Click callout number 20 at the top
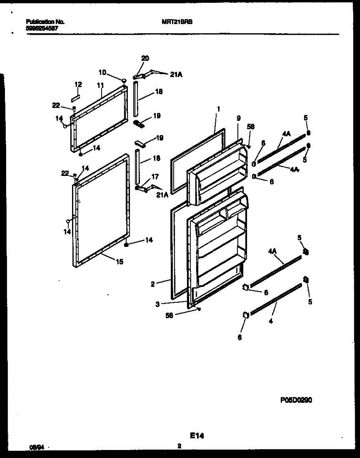[x=145, y=58]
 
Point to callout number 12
[x=78, y=84]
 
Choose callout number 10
[x=102, y=72]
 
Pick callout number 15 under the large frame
[x=119, y=262]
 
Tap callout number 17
[x=155, y=176]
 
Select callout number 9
[x=238, y=119]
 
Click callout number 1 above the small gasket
[x=218, y=109]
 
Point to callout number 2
[x=153, y=284]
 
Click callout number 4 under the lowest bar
[x=271, y=321]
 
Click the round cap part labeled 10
[x=124, y=80]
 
